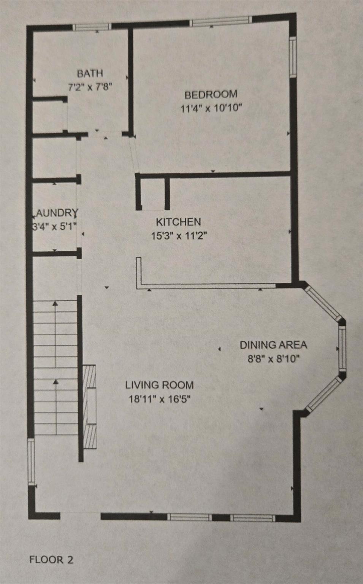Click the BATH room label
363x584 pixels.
[x=90, y=73]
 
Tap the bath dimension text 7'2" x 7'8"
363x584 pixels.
[x=90, y=87]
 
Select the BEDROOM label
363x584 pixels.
[x=211, y=94]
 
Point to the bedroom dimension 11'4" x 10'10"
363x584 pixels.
[x=211, y=108]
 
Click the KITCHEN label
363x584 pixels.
[x=178, y=222]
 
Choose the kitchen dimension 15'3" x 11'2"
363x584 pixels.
[x=179, y=236]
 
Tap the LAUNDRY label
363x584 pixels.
[x=57, y=213]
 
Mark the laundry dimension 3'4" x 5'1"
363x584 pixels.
[x=54, y=227]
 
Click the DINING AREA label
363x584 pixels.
[x=273, y=345]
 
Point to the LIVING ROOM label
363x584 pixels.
[x=160, y=385]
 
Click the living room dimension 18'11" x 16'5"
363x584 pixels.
[x=160, y=399]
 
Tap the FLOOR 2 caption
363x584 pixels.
[x=51, y=560]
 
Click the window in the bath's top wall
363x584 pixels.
[x=92, y=27]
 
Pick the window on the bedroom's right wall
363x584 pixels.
[x=293, y=57]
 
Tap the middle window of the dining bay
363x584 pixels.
[x=342, y=348]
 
